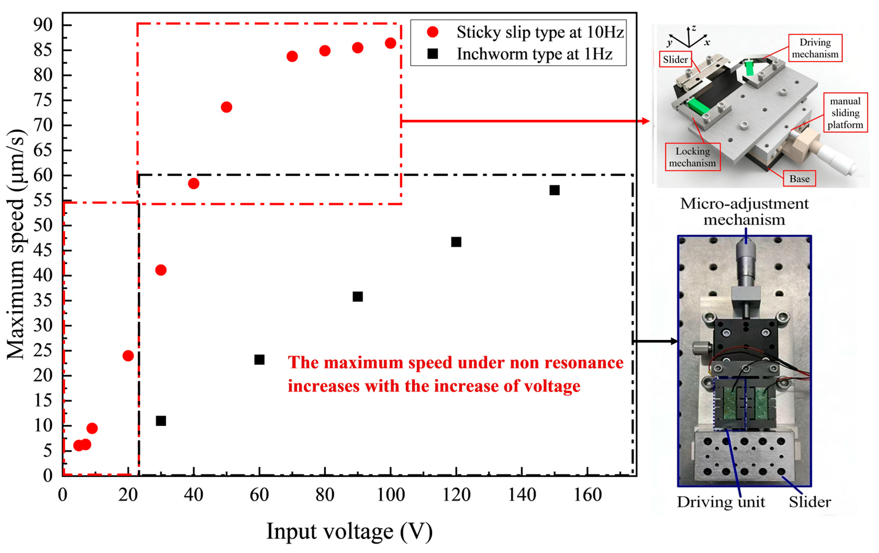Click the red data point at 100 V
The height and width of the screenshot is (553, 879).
tap(390, 43)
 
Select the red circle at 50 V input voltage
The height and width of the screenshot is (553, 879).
tap(226, 107)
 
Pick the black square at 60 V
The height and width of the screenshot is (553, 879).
tap(259, 360)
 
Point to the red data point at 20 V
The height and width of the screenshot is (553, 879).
tap(128, 356)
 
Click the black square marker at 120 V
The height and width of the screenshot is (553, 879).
tap(456, 242)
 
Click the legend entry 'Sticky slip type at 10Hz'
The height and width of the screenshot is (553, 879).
tap(539, 32)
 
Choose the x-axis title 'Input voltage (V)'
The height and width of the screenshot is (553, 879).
tap(349, 531)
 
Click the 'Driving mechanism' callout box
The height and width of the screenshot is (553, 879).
tap(815, 48)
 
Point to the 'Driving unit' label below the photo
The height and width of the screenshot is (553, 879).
tap(721, 502)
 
